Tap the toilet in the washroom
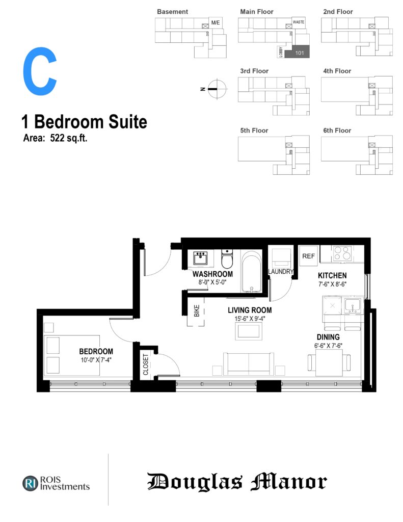pos(227,259)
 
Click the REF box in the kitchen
pos(308,256)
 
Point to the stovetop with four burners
pos(341,253)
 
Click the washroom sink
pos(200,258)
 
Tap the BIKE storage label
pos(197,311)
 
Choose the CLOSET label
pos(145,364)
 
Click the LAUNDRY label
pos(281,272)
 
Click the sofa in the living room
pos(249,364)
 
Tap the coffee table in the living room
pos(247,331)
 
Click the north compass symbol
pos(217,89)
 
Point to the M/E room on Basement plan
pos(216,22)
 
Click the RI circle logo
pos(30,484)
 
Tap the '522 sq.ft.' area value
pos(69,138)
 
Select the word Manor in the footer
pos(288,482)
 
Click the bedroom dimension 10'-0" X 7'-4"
pos(96,360)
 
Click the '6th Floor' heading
pos(337,130)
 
